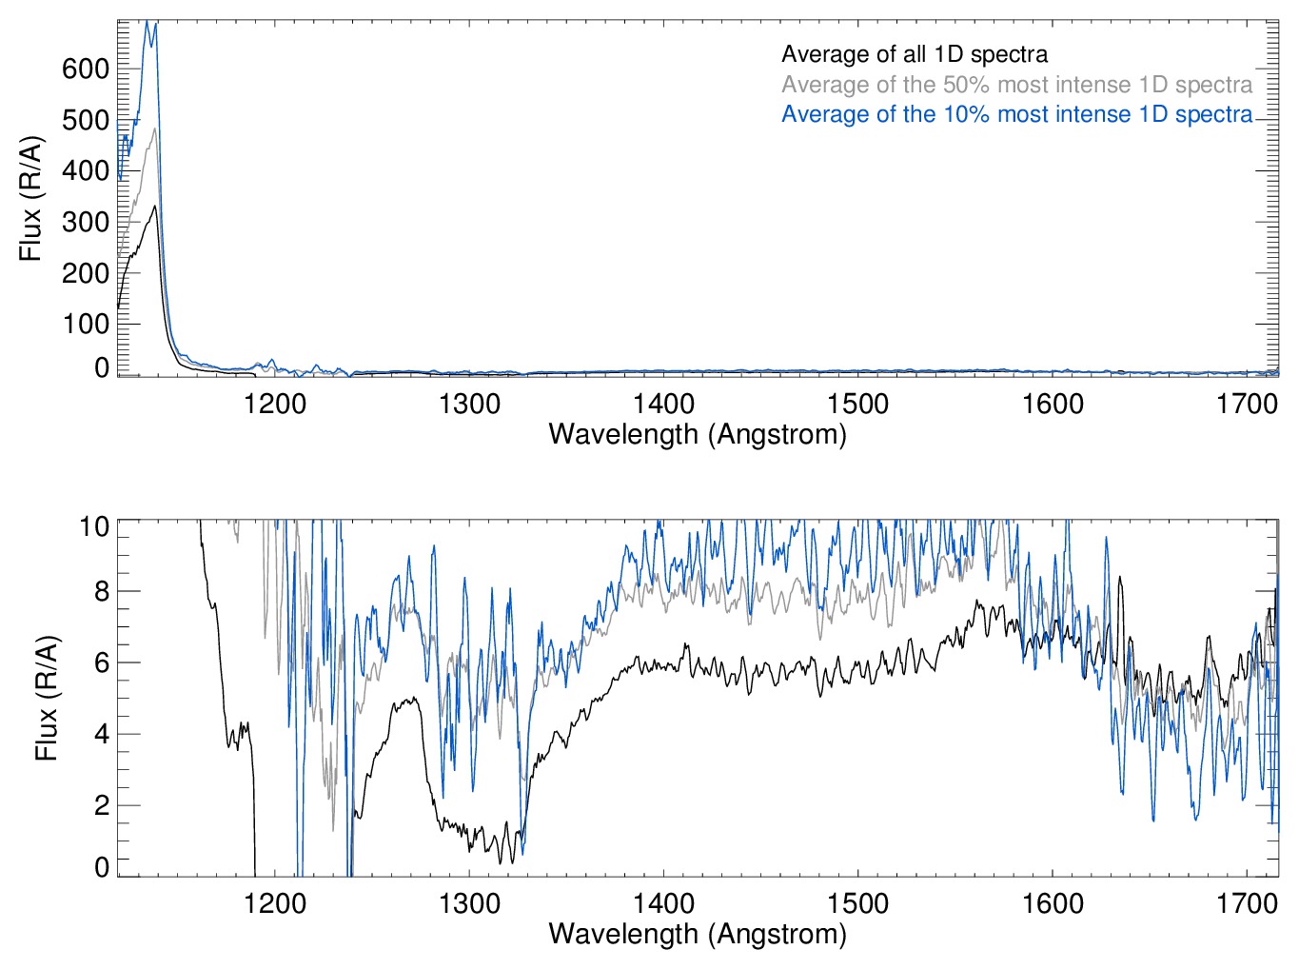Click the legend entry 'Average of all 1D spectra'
click(914, 54)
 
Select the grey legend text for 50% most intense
click(1016, 85)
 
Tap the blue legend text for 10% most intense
click(1016, 114)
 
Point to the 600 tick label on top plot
click(86, 69)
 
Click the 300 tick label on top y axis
click(86, 222)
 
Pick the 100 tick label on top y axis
click(86, 324)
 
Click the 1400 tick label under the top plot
click(663, 404)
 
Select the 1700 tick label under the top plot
click(1247, 404)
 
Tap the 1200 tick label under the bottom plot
click(275, 902)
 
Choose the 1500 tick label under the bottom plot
click(857, 902)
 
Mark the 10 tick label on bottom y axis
click(94, 526)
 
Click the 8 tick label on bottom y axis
click(102, 591)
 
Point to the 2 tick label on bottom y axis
click(102, 805)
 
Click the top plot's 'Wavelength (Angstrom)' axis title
click(698, 434)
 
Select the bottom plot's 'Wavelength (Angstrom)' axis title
click(698, 934)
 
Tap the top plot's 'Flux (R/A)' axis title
click(30, 198)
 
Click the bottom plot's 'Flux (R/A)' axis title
click(46, 698)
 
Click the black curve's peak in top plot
click(154, 206)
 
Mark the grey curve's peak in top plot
click(154, 129)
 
